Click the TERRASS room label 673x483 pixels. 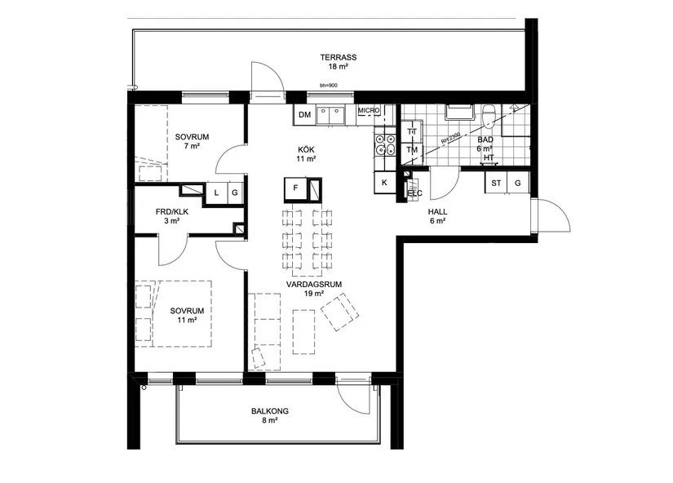[x=339, y=57]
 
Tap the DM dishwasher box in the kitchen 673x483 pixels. [x=304, y=115]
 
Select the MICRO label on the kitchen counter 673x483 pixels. [x=369, y=110]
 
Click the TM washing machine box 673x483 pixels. [x=412, y=150]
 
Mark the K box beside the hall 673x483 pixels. [x=384, y=183]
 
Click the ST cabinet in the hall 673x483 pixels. [x=495, y=184]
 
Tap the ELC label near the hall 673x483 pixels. [x=415, y=193]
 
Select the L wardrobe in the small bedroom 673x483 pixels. [x=216, y=193]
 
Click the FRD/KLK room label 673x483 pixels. [x=172, y=212]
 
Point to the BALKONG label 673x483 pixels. [x=270, y=412]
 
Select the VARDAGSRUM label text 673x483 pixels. [x=312, y=284]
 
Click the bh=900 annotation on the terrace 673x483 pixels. [x=328, y=85]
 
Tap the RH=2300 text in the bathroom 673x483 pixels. [x=451, y=137]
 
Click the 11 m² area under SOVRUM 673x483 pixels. [x=187, y=321]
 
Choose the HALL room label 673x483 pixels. [x=437, y=211]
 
